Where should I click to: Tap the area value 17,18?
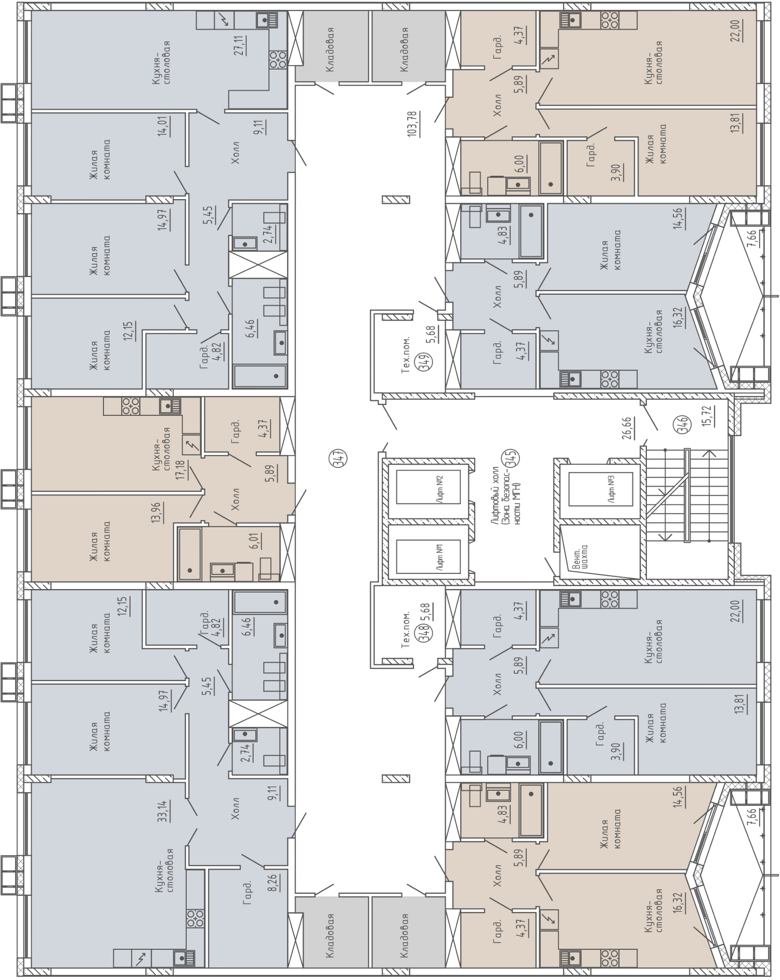[x=180, y=469]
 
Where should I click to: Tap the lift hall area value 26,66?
[x=627, y=428]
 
